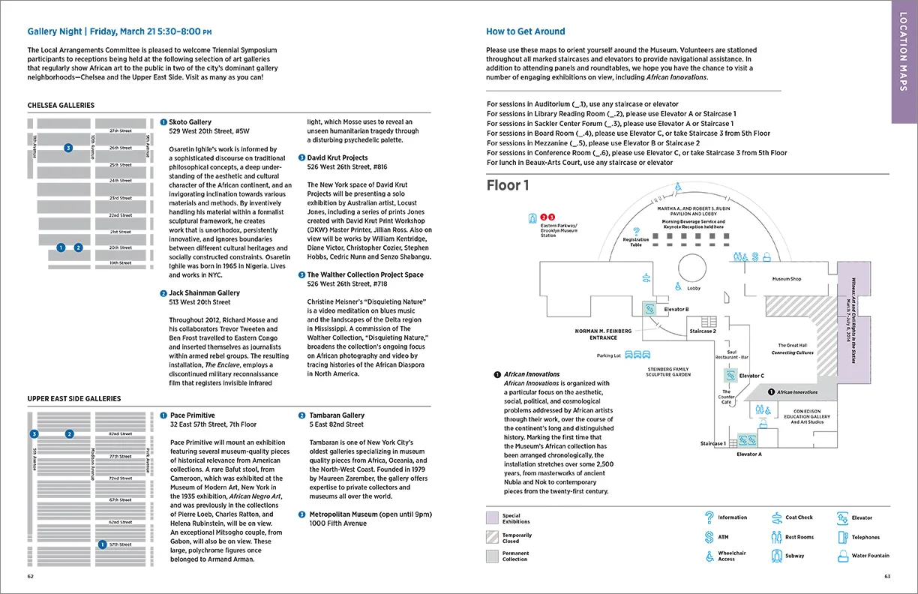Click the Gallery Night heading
click(119, 31)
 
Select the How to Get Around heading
click(525, 31)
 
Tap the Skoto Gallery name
click(190, 121)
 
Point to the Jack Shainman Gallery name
click(204, 292)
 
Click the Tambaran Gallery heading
click(337, 415)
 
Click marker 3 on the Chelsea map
click(68, 148)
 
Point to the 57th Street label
click(120, 544)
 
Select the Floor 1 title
click(508, 185)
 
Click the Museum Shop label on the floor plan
click(787, 279)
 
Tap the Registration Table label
click(636, 242)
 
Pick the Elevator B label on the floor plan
click(676, 309)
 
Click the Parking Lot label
click(608, 355)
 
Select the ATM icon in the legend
click(708, 537)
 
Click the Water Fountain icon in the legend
click(842, 556)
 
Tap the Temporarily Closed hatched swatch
click(491, 537)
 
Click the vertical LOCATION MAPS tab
click(904, 60)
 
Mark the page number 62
click(31, 577)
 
